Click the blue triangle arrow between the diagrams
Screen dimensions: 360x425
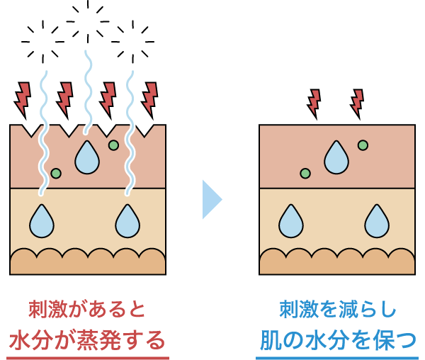(211, 200)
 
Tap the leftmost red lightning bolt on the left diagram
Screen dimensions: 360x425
(23, 99)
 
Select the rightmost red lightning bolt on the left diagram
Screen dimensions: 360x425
(149, 99)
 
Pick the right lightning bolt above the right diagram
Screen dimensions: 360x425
(358, 103)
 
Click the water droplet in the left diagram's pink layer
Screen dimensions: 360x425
(89, 157)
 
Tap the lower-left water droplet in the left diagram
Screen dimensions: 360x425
(42, 220)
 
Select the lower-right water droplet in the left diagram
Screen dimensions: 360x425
(128, 220)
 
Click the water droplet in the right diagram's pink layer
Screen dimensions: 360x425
(336, 157)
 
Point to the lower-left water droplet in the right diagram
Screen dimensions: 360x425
(291, 220)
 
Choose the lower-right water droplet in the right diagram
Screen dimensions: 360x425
(376, 220)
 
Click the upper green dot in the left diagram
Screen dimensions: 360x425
(113, 145)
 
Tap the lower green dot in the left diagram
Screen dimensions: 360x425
(56, 173)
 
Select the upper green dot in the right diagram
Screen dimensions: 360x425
(363, 145)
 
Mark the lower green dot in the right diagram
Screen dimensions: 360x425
(305, 173)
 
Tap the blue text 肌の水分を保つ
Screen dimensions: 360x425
(336, 339)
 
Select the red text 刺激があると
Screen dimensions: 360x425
(87, 310)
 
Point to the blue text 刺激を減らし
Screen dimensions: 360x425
(337, 310)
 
